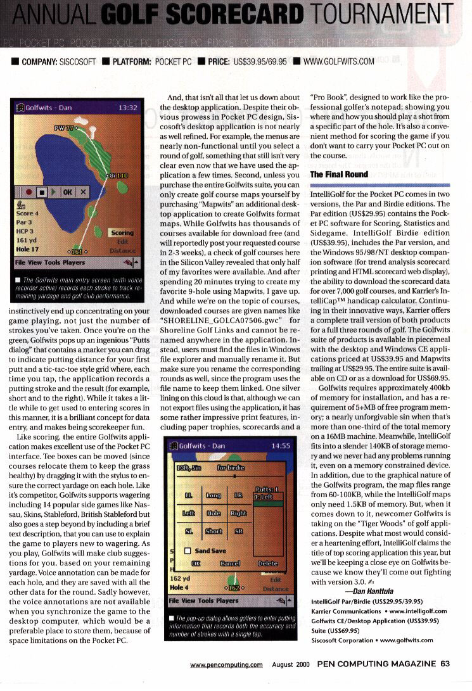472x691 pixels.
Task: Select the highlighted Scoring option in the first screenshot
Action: point(122,233)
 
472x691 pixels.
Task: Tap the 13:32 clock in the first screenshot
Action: point(127,108)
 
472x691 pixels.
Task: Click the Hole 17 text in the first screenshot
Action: point(29,250)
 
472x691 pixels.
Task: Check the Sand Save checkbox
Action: point(188,551)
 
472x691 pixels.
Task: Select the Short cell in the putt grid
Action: point(214,531)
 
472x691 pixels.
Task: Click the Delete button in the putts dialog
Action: point(267,562)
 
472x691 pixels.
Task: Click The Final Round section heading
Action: point(339,174)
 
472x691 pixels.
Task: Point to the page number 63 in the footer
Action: point(445,664)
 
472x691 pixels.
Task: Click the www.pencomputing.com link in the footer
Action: point(226,664)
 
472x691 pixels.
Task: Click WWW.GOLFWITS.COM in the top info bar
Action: point(340,61)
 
